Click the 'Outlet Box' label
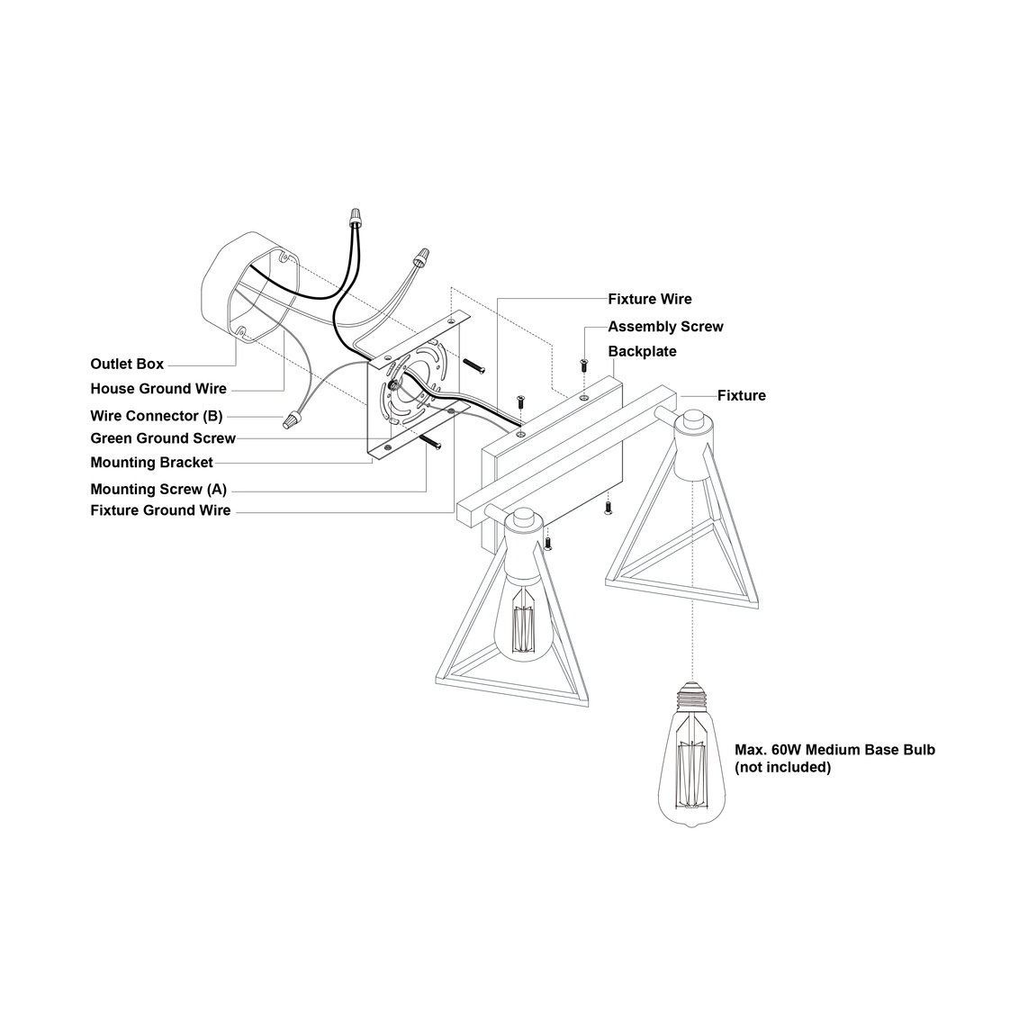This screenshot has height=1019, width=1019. point(127,364)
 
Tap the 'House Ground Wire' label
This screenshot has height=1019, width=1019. point(158,389)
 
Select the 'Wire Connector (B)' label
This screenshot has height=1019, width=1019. point(157,415)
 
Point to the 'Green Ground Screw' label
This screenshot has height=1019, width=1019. point(163,438)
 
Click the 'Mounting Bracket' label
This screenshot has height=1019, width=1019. point(151,463)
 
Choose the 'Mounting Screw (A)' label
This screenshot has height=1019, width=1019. point(158,489)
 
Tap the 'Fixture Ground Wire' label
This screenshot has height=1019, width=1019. point(160,510)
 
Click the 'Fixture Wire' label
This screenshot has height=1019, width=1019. point(650,299)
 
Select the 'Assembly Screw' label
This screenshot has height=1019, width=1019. point(665,326)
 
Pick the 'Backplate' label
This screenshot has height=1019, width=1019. point(642,352)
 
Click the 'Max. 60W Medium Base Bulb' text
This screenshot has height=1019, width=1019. point(835,749)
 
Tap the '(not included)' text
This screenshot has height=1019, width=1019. point(782,768)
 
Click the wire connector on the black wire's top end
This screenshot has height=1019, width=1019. point(355,216)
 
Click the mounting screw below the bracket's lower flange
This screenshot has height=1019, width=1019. point(431,440)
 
